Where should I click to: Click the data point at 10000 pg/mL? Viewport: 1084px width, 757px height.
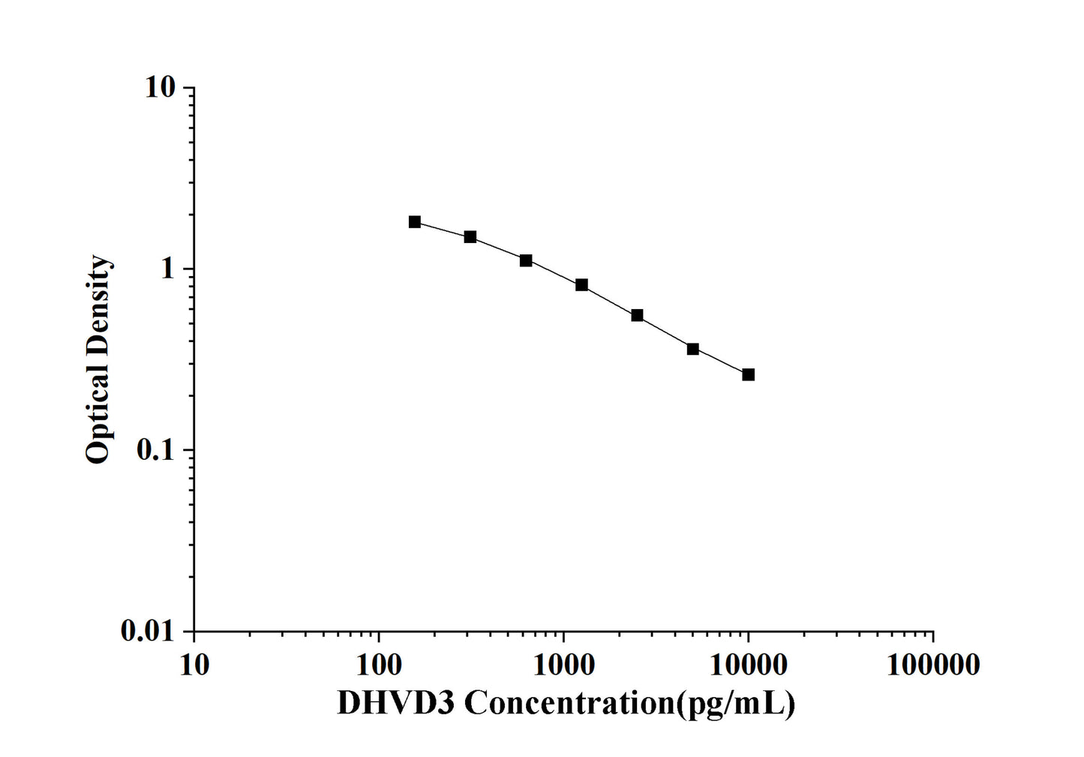[748, 374]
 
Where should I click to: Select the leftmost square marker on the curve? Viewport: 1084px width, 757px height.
[415, 221]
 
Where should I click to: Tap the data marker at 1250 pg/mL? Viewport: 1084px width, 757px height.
[581, 284]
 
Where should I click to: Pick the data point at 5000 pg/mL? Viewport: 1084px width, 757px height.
[692, 349]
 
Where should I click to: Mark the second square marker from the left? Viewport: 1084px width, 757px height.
[470, 237]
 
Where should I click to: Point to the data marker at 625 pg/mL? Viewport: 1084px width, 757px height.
[526, 260]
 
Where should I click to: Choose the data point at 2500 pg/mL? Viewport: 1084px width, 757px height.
[637, 315]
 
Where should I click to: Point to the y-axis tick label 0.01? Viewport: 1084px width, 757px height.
[146, 632]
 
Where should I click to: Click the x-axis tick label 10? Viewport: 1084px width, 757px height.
[194, 665]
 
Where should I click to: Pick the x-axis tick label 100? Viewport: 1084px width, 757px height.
[378, 665]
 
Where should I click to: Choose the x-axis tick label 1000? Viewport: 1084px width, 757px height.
[563, 665]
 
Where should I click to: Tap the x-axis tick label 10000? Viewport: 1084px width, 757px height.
[748, 665]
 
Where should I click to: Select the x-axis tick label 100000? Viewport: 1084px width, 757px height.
[932, 665]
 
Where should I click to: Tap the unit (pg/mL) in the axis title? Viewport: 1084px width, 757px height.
[736, 704]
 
